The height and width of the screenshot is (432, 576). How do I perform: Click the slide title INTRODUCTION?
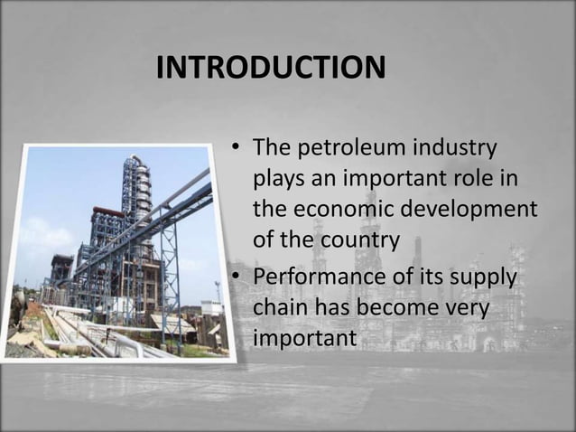[x=270, y=68]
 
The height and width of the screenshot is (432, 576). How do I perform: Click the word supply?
[x=482, y=276]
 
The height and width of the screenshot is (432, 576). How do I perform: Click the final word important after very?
[x=305, y=339]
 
